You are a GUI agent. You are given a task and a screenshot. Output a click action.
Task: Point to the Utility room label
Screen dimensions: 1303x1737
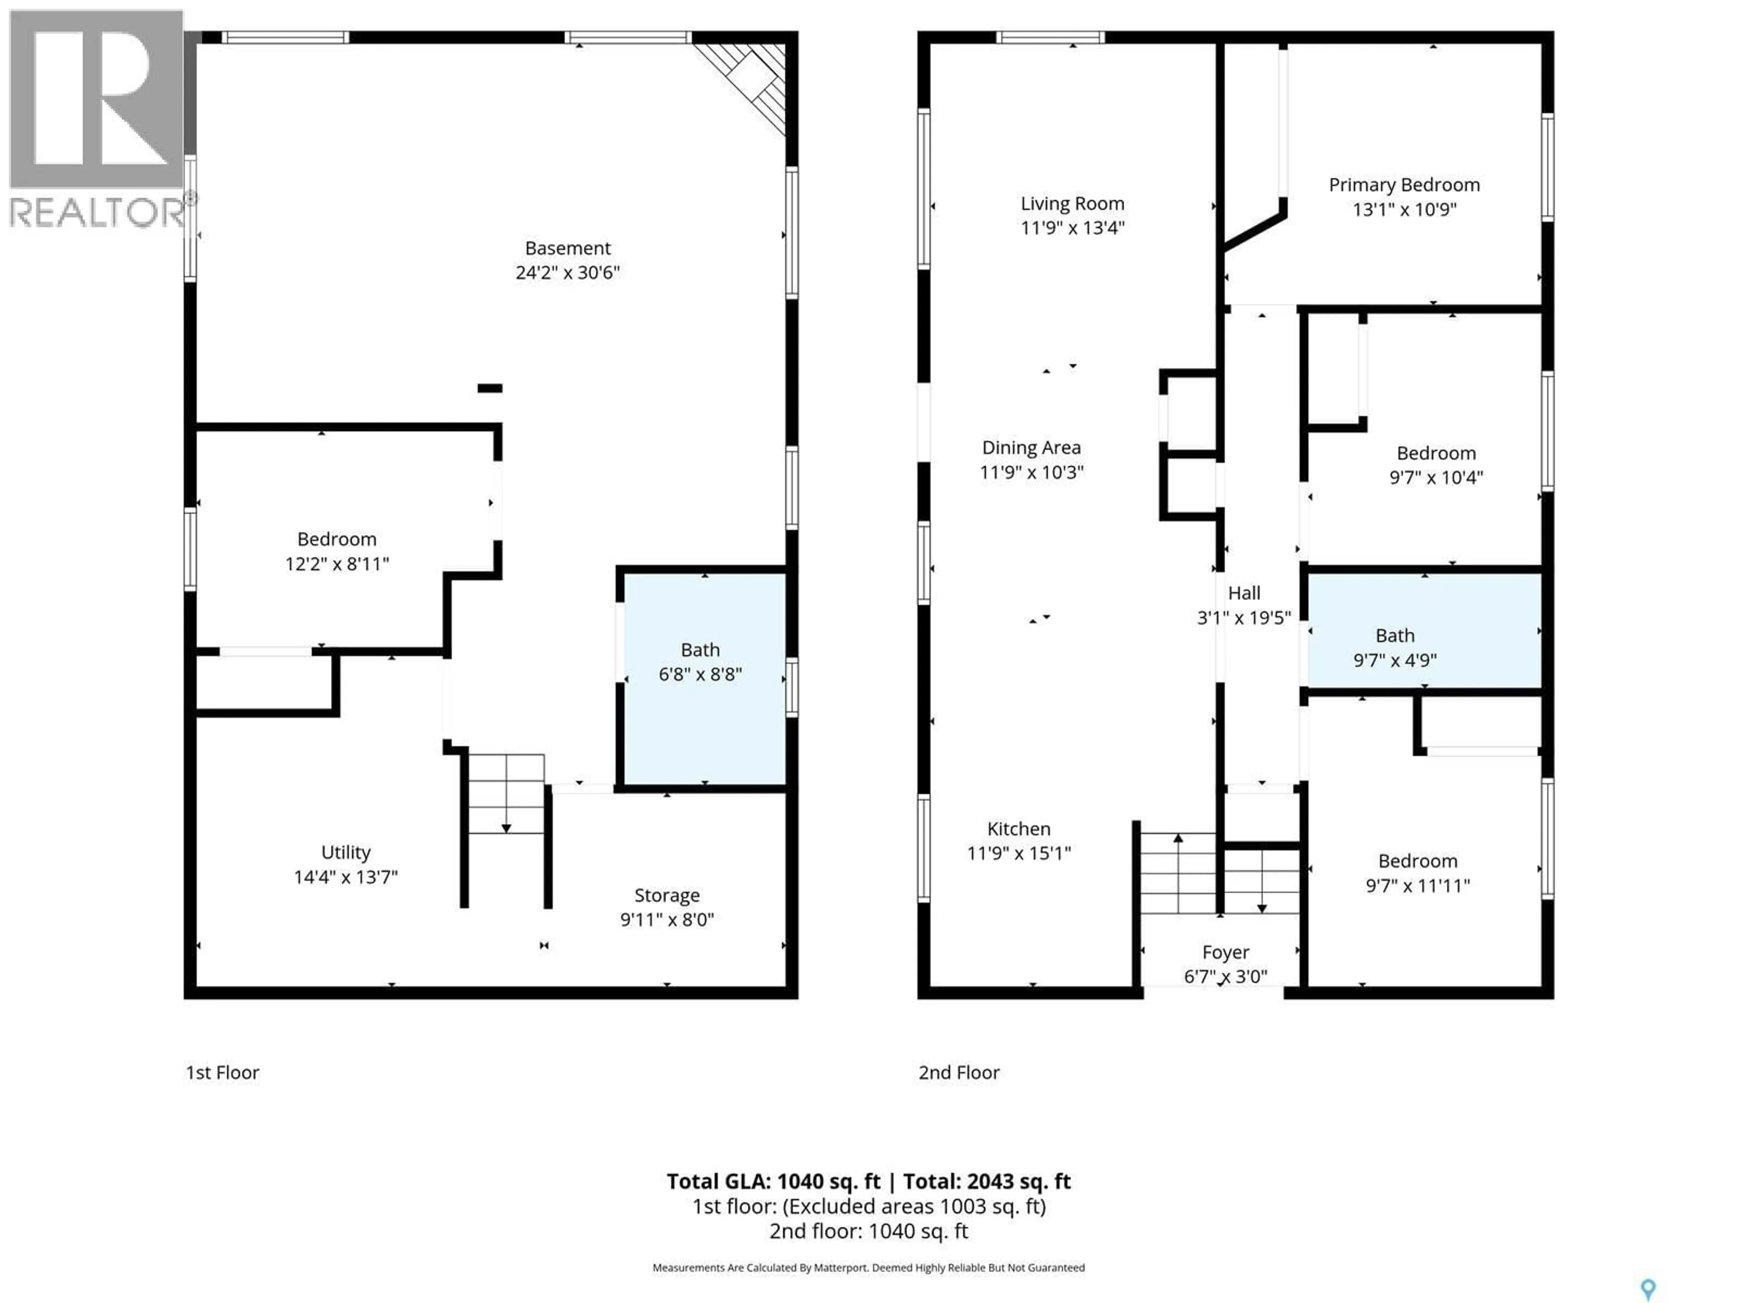pos(346,852)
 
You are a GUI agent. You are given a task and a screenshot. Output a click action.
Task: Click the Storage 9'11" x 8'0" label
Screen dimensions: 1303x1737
pos(667,907)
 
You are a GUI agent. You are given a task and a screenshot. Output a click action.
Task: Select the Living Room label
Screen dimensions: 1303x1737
pos(1072,204)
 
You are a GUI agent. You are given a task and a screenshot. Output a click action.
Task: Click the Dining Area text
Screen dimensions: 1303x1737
pos(1031,448)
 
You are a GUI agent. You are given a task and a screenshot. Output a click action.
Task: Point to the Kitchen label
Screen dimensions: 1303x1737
pos(1019,828)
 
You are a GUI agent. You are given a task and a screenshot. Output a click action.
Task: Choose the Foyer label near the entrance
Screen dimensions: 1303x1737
pos(1225,952)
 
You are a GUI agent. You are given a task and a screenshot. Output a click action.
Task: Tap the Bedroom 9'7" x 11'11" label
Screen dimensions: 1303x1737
pos(1417,873)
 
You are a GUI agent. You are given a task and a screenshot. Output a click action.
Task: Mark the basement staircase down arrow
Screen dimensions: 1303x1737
pos(506,827)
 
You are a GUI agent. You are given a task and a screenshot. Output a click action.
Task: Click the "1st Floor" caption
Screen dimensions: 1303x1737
pos(222,1072)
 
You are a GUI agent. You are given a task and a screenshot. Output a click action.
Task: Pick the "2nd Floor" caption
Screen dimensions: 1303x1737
pos(959,1072)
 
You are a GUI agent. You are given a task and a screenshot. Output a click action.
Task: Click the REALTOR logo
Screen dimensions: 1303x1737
pos(97,118)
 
